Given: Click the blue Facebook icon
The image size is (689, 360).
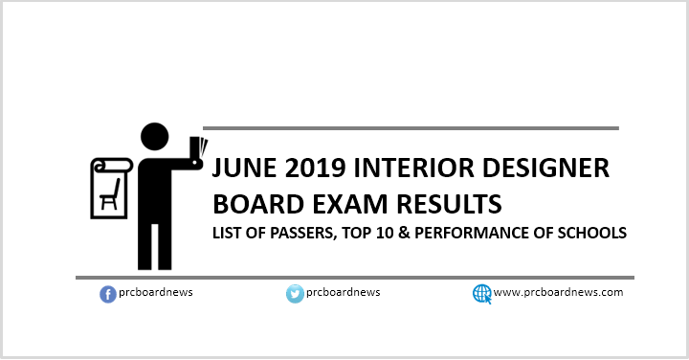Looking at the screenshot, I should [x=108, y=294].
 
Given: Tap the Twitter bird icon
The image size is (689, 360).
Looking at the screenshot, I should [x=295, y=294].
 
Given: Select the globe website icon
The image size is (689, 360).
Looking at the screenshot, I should [x=481, y=294].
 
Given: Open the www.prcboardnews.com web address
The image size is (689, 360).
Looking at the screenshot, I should [x=559, y=293].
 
